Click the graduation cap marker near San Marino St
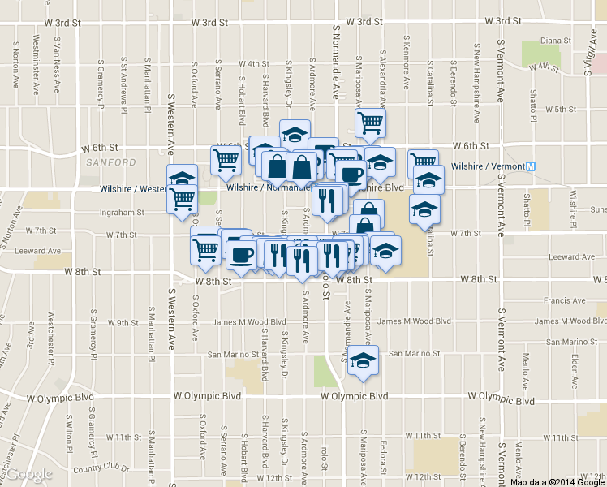point(363,360)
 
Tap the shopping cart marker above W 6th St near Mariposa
point(370,123)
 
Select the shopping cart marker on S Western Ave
point(183,197)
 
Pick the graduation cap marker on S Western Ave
point(183,177)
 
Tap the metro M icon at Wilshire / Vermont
point(532,166)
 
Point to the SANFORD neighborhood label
point(110,162)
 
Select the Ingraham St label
point(119,213)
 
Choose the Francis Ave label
point(565,300)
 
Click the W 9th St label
point(123,323)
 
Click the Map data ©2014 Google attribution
point(557,482)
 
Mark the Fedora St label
point(381,457)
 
